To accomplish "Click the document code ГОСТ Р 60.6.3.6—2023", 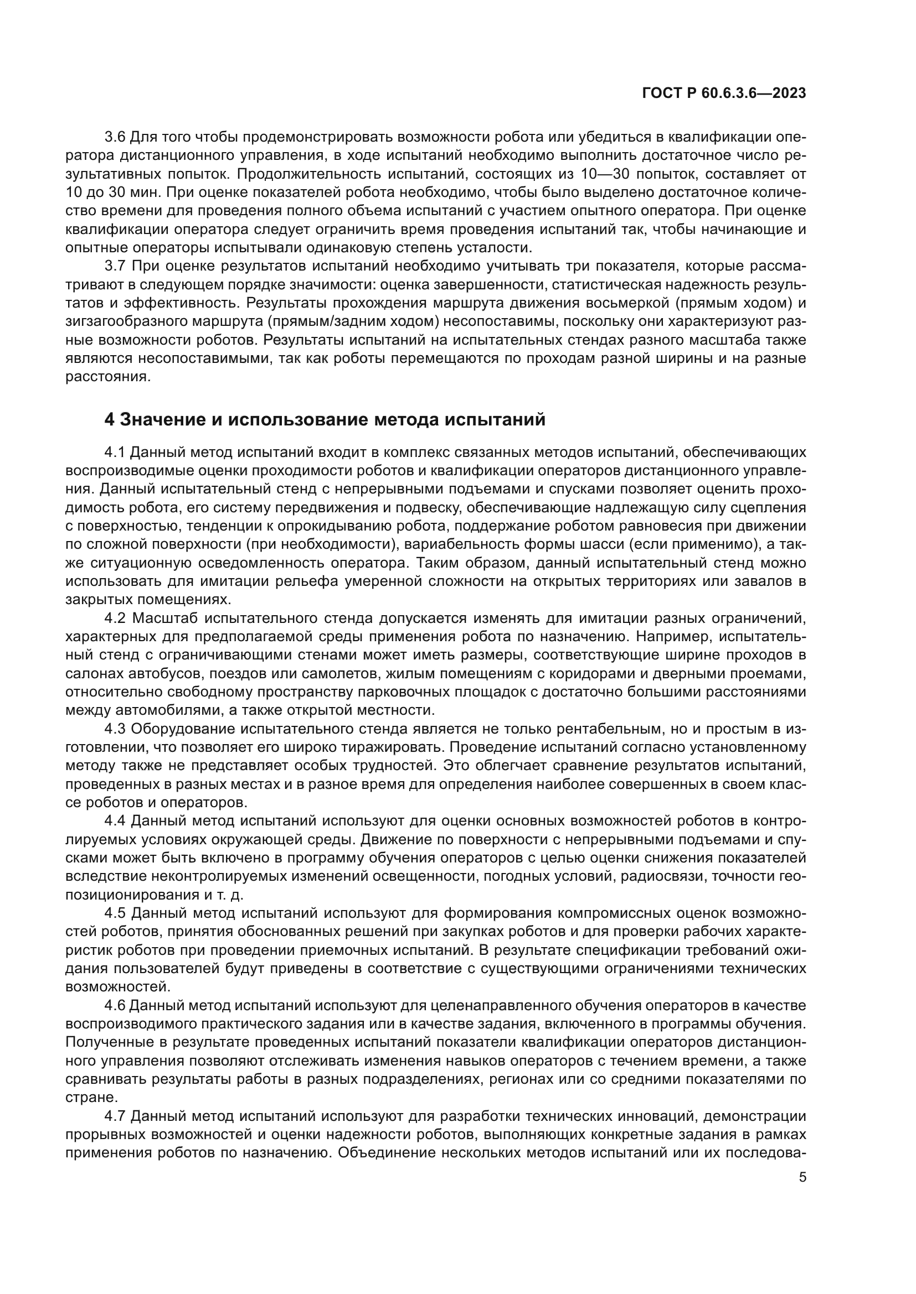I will click(x=724, y=93).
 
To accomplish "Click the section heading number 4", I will click(x=110, y=420).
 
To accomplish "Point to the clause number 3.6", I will click(x=116, y=137).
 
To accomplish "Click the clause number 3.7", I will click(x=116, y=266).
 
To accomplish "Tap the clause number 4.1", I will click(x=116, y=452).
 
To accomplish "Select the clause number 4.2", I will click(x=116, y=619).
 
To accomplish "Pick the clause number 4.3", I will click(x=116, y=729).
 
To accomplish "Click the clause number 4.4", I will click(x=116, y=822).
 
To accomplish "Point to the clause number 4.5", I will click(x=116, y=914).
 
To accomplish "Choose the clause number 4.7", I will click(x=116, y=1117).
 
